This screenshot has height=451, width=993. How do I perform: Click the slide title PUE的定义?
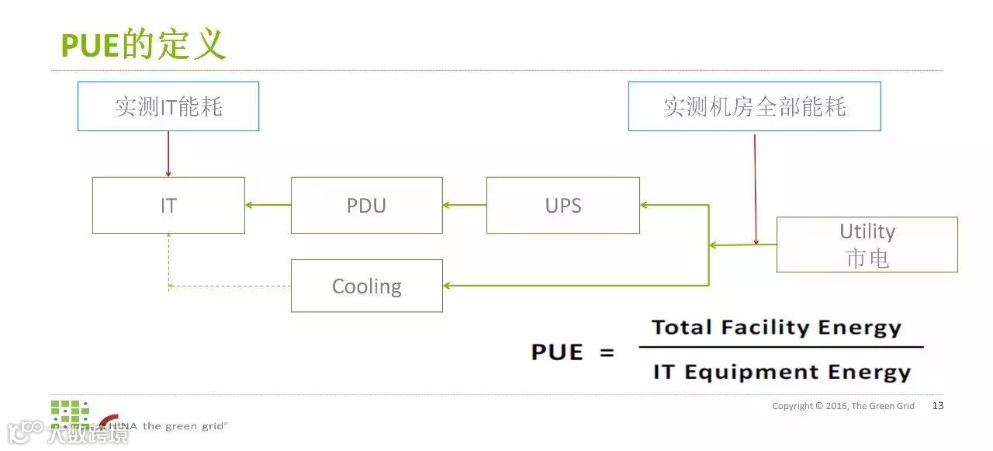(x=143, y=45)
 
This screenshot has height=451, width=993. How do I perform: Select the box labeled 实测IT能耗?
(x=168, y=106)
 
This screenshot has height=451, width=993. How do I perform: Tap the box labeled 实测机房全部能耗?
(x=754, y=106)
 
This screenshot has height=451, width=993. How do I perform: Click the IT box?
(x=168, y=206)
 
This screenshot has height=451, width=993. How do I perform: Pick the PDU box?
(x=366, y=206)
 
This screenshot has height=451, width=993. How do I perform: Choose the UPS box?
(x=563, y=206)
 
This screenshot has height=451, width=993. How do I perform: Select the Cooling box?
(x=366, y=286)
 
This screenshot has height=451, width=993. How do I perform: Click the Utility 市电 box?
(x=867, y=245)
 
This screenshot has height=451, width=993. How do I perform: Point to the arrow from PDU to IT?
(x=268, y=206)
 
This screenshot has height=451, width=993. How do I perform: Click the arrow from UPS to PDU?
(x=464, y=206)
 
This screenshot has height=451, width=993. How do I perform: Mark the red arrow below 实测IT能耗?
(x=168, y=154)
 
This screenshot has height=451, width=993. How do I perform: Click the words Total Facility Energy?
(x=777, y=328)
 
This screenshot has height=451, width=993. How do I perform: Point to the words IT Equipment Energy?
(x=781, y=373)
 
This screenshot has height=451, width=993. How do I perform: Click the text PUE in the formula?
(x=556, y=352)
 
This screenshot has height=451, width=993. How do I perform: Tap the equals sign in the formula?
(x=607, y=353)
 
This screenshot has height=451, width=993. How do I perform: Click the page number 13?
(x=938, y=406)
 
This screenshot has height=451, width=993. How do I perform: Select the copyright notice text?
(x=843, y=406)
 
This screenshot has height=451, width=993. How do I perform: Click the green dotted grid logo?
(x=70, y=412)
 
